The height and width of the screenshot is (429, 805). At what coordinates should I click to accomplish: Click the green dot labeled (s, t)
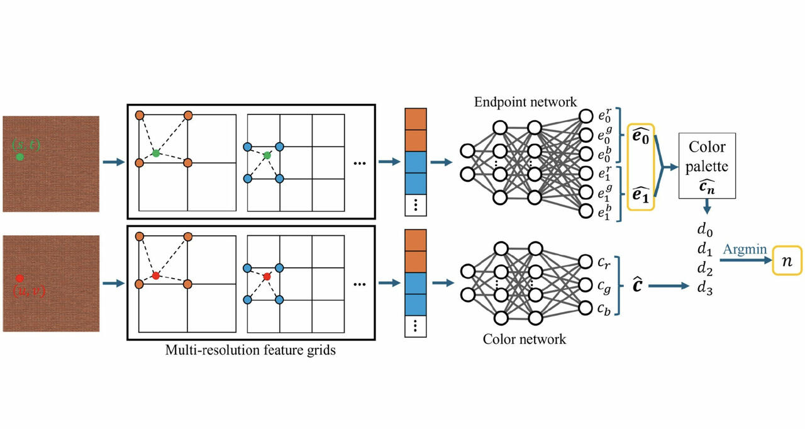(x=19, y=157)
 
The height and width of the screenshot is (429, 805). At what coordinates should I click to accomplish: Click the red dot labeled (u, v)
(x=19, y=278)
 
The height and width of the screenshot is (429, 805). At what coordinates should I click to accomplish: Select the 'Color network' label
(x=525, y=339)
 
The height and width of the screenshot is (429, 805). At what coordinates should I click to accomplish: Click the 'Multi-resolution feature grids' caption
(x=250, y=350)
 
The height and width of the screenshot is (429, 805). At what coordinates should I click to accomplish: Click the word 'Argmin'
(x=744, y=250)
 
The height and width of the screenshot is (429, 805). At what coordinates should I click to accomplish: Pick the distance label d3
(x=706, y=289)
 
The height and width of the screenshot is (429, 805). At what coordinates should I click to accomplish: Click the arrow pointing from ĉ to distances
(x=669, y=286)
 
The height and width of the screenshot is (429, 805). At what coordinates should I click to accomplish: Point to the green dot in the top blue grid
(x=267, y=155)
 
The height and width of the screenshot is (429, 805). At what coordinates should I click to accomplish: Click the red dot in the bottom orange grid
(x=156, y=276)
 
